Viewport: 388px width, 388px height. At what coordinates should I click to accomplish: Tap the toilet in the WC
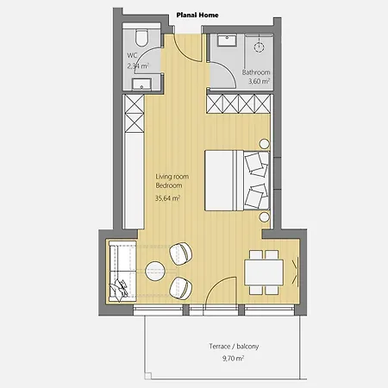[x=142, y=39]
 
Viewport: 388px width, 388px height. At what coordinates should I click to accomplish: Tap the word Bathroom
[x=256, y=72]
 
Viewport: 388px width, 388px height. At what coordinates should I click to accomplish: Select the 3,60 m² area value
[x=256, y=83]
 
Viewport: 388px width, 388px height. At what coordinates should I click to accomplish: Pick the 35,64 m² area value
[x=169, y=198]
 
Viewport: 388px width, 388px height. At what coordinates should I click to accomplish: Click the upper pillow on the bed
[x=256, y=161]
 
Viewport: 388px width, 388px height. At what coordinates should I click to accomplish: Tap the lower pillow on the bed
[x=256, y=195]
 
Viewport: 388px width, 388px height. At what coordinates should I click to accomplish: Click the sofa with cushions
[x=120, y=269]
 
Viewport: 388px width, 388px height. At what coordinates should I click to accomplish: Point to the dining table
[x=263, y=272]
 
